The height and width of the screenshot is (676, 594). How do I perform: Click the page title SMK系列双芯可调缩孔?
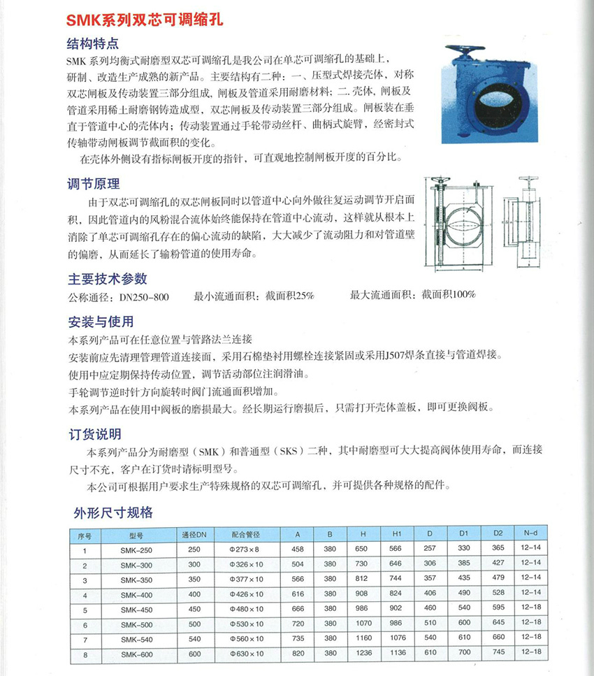coord(145,20)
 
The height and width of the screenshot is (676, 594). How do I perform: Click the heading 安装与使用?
coord(100,322)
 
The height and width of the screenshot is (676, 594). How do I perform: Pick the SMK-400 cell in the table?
coord(136,594)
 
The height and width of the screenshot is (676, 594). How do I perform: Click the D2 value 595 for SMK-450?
coord(498,609)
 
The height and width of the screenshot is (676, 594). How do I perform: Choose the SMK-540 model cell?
coord(136,639)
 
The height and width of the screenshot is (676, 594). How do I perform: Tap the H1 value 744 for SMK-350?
coord(396,579)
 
